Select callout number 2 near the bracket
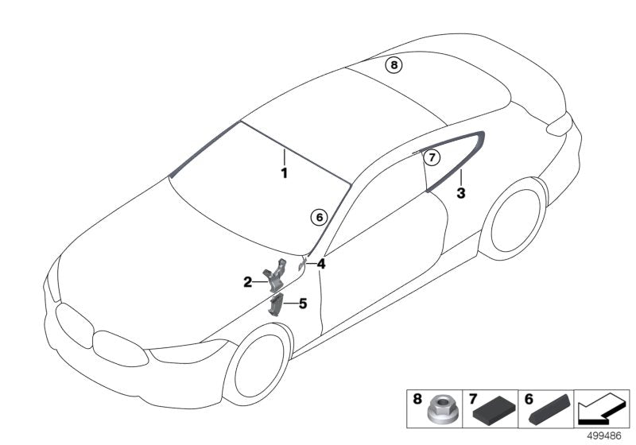point(248,281)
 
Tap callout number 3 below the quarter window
point(461,192)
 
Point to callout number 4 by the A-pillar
point(321,264)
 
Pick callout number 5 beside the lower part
point(302,303)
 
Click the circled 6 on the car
point(318,216)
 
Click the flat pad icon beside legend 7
point(492,411)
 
